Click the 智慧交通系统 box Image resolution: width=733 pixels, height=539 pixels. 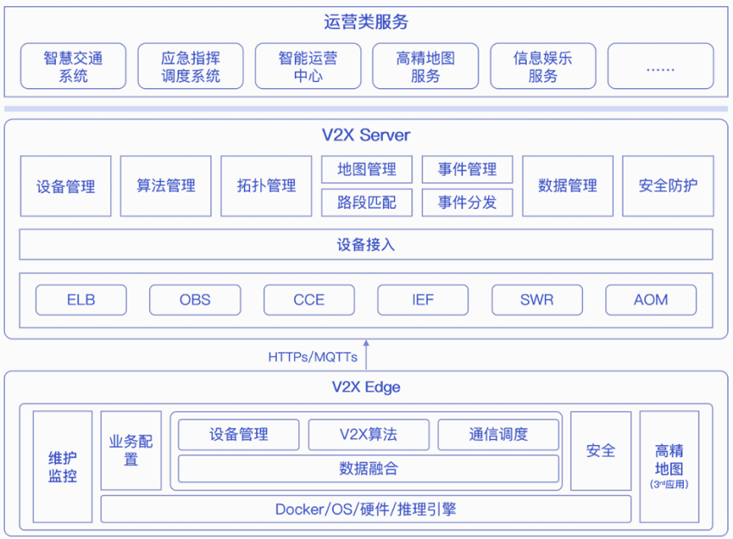[x=73, y=66]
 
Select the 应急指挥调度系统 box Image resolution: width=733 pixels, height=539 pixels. [x=191, y=66]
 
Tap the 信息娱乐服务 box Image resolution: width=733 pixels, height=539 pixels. [x=542, y=66]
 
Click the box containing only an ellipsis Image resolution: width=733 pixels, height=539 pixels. [x=661, y=66]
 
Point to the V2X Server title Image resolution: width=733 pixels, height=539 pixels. [x=366, y=135]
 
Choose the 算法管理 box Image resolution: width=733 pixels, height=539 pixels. [x=166, y=186]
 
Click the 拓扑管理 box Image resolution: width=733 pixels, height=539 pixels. [x=266, y=186]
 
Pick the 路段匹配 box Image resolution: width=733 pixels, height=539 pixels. [x=367, y=203]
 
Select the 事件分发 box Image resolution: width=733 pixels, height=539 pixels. [x=467, y=203]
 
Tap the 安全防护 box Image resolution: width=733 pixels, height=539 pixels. [x=668, y=186]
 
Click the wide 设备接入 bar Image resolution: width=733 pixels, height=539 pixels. [x=366, y=244]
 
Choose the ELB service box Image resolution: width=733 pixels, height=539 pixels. [x=81, y=299]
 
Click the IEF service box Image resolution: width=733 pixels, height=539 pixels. [x=423, y=299]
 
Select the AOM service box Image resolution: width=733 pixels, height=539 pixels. [x=651, y=299]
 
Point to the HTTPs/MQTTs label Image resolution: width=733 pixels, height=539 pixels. [x=313, y=357]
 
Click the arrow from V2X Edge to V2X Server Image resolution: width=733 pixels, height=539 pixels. [x=366, y=355]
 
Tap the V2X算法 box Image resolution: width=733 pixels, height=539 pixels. [x=368, y=435]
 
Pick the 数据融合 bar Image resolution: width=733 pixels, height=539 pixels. [x=368, y=468]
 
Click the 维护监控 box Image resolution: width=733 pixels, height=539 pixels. [x=63, y=467]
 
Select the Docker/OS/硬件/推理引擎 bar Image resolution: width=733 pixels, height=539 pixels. [x=366, y=509]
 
